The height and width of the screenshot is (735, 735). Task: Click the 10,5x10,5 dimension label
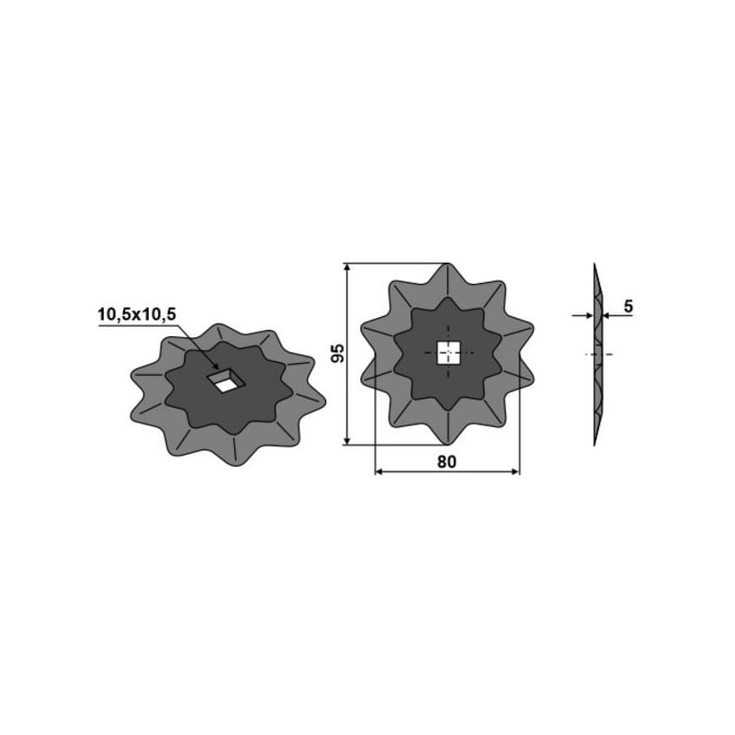[136, 314]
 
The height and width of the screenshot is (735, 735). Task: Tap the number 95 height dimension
[337, 354]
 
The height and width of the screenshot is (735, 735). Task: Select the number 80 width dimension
[447, 462]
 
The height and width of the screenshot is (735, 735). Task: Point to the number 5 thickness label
[628, 307]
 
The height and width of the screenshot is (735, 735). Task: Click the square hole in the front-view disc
[448, 353]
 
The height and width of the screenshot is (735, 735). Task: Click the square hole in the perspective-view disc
[226, 380]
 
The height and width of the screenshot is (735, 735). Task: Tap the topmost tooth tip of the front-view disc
[447, 264]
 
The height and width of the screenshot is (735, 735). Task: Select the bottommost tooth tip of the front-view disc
[447, 444]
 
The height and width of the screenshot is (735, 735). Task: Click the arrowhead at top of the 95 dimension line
[347, 267]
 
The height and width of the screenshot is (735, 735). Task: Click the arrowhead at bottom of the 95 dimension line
[347, 441]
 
